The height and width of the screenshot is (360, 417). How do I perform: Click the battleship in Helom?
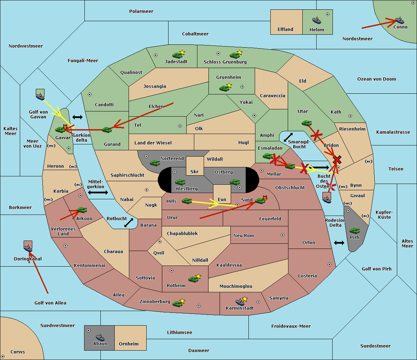(x=317, y=20)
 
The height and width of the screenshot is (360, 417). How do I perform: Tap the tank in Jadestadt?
(x=178, y=55)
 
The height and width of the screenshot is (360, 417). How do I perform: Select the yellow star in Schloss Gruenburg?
(x=239, y=52)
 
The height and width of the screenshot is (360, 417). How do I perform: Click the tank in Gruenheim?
(x=224, y=88)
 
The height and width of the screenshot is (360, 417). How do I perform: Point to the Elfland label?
(x=285, y=30)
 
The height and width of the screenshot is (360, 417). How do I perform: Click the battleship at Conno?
(x=399, y=20)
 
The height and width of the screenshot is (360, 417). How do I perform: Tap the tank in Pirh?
(x=354, y=231)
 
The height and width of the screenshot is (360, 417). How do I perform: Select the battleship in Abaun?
(x=100, y=337)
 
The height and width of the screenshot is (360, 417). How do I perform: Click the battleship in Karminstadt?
(x=240, y=302)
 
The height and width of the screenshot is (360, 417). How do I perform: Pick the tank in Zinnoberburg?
(x=178, y=303)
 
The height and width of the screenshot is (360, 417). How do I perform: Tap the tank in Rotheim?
(x=194, y=279)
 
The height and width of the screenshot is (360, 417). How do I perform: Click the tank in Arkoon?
(x=82, y=210)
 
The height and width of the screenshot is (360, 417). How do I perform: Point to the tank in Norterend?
(x=155, y=163)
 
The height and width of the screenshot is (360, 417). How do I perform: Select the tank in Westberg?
(x=180, y=182)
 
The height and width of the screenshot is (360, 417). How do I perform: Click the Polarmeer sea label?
(x=141, y=11)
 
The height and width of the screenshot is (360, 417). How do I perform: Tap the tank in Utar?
(x=306, y=123)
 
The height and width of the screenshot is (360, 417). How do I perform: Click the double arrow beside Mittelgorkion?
(x=98, y=192)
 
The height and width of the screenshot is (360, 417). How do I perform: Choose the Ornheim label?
(x=129, y=344)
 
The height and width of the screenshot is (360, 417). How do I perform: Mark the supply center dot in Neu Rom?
(x=283, y=235)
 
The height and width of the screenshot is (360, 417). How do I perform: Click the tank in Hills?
(x=187, y=201)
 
